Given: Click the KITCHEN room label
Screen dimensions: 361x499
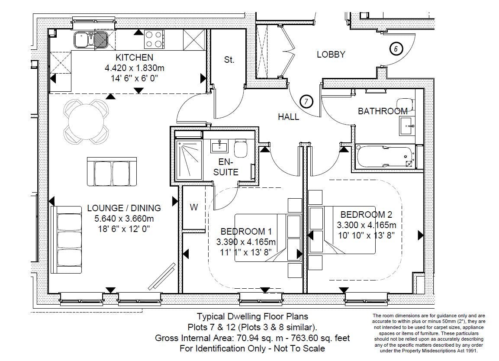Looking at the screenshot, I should point(134,58).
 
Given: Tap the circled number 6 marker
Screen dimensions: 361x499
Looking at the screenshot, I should point(396,49).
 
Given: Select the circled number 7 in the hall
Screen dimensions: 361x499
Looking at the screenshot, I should point(306,102).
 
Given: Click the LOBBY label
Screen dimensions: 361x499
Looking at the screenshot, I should point(331,55).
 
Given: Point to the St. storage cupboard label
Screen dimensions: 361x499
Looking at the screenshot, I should point(229,60).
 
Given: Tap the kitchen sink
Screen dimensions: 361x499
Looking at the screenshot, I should point(90,40).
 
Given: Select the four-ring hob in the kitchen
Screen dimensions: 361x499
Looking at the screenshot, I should point(154,39).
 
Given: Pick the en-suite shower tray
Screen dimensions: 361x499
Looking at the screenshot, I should point(189,159).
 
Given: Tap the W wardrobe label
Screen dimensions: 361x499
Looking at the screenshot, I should point(194,207).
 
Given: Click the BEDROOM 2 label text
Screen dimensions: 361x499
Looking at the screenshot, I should point(366,215).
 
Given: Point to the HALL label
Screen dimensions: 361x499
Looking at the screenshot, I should point(288,117).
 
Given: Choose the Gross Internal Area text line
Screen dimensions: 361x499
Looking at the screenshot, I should point(252,338).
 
